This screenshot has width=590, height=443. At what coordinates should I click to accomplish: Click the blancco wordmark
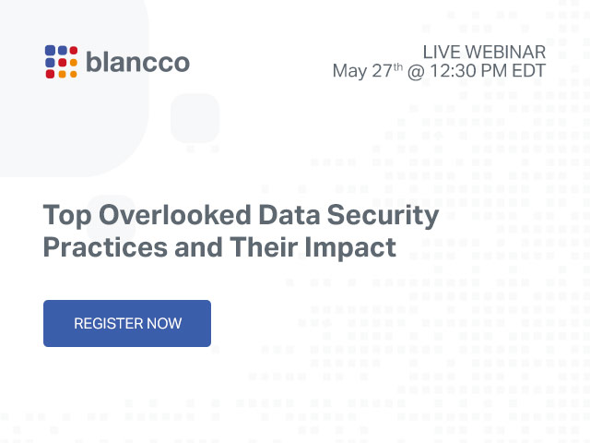(137, 62)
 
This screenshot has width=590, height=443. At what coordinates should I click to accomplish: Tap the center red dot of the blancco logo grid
(62, 62)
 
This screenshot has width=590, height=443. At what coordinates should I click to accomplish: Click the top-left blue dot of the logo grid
(50, 50)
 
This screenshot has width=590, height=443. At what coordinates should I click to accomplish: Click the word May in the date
(350, 71)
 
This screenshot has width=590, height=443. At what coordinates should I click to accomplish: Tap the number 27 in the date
(383, 71)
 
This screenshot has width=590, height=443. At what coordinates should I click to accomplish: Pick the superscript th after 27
(398, 67)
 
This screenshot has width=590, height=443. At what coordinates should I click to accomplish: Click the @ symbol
(416, 72)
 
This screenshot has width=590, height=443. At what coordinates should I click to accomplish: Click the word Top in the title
(67, 216)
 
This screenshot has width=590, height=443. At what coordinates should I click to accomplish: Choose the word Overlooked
(175, 215)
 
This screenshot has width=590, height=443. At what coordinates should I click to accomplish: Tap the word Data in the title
(289, 215)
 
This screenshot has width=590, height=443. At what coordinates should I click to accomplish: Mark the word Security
(383, 216)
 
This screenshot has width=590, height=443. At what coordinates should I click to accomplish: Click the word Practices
(105, 247)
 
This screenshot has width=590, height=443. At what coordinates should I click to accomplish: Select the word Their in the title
(264, 247)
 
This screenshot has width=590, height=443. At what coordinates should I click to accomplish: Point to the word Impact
(350, 248)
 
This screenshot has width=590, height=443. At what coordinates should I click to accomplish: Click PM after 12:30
(494, 71)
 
